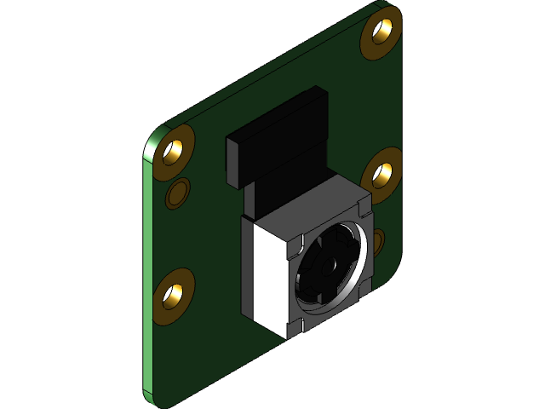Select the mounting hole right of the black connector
[x=382, y=173]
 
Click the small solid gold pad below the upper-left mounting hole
[x=178, y=193]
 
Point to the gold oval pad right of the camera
[x=377, y=242]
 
